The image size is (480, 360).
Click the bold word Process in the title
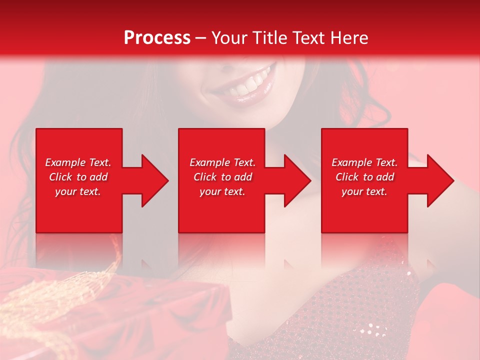[x=157, y=38]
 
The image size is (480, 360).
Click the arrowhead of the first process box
[x=154, y=180]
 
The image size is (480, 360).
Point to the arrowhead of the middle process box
[x=297, y=180]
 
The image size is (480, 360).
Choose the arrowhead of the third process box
[x=440, y=180]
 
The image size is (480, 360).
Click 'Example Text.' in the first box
[x=78, y=162]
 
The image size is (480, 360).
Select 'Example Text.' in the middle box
[x=222, y=162]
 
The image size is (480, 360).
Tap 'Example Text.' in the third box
[x=364, y=162]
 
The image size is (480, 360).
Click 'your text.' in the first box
[x=78, y=191]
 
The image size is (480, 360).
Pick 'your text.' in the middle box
[x=222, y=191]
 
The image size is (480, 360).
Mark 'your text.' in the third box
[x=364, y=191]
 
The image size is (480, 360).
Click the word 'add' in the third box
[x=385, y=177]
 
